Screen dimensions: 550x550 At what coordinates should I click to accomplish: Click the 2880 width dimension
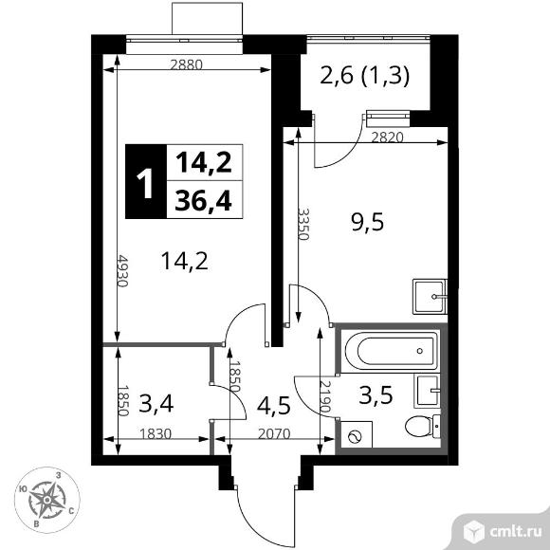(x=186, y=64)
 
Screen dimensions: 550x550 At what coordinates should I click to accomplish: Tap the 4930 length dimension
(x=122, y=270)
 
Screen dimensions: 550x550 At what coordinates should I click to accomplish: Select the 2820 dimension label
(x=387, y=137)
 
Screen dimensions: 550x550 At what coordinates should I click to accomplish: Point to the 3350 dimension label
(x=303, y=224)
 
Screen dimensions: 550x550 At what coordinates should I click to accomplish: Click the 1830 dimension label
(x=156, y=434)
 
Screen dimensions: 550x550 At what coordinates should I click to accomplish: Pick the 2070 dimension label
(x=274, y=434)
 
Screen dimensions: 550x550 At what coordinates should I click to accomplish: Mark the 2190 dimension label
(x=325, y=396)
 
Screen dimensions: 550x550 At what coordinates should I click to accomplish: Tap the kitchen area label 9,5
(x=368, y=223)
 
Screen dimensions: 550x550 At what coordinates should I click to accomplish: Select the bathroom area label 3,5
(x=376, y=395)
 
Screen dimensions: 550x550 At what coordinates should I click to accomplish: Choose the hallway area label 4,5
(x=274, y=406)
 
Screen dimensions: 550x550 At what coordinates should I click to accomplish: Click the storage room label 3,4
(x=156, y=403)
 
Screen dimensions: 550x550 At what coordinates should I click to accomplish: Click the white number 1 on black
(x=145, y=183)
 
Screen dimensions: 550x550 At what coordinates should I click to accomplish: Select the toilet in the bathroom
(x=422, y=426)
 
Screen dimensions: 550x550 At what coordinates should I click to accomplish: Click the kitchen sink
(x=430, y=297)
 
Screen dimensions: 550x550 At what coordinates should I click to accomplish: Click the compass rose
(x=47, y=500)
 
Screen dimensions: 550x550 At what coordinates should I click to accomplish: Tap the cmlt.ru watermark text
(x=515, y=532)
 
